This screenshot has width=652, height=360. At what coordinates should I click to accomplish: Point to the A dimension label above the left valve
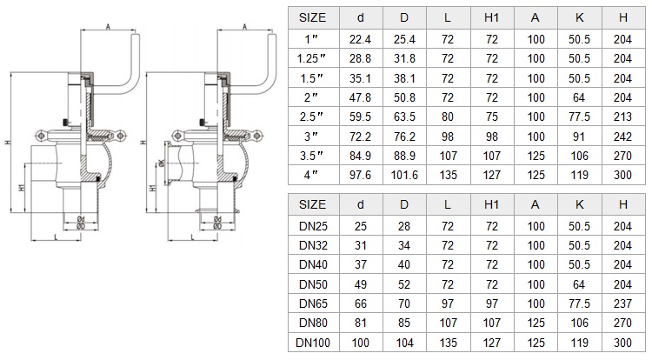click(108, 27)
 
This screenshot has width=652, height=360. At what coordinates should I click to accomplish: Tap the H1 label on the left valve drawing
click(23, 188)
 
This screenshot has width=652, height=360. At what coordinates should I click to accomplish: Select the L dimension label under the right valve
click(192, 237)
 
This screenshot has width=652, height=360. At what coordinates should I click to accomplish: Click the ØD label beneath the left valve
click(81, 227)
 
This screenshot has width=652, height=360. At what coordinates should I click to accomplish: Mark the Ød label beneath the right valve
click(217, 219)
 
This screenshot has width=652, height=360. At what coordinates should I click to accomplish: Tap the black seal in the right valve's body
click(235, 179)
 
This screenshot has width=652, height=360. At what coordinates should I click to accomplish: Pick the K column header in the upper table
click(579, 17)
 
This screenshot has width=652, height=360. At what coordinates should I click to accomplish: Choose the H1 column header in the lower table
click(491, 204)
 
